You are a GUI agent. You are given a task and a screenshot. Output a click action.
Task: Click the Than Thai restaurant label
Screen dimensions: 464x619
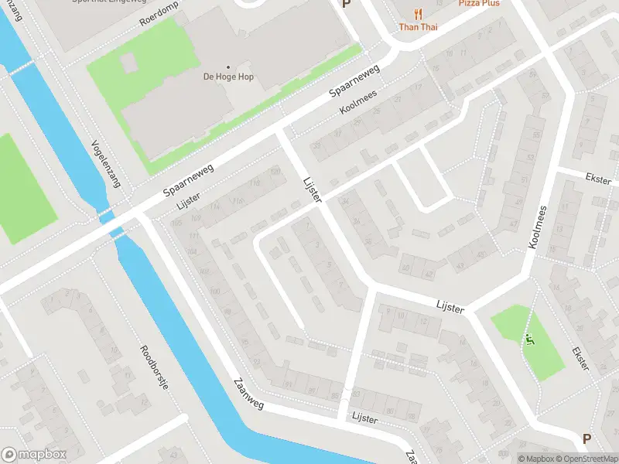[x=419, y=27]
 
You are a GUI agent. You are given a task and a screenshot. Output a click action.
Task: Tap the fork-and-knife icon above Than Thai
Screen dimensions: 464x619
[x=419, y=13]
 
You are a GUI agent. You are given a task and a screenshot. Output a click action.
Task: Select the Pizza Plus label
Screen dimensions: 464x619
[x=479, y=3]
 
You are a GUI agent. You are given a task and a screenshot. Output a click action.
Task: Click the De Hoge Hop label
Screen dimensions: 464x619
[x=228, y=77]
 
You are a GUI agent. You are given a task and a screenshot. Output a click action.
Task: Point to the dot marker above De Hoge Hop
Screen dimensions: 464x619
[x=228, y=67]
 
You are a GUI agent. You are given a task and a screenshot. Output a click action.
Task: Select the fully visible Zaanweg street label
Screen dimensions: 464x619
[x=248, y=397]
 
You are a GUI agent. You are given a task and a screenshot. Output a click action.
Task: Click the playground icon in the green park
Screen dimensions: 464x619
[x=530, y=338]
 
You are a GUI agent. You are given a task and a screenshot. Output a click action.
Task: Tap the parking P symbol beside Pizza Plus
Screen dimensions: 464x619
[x=346, y=4]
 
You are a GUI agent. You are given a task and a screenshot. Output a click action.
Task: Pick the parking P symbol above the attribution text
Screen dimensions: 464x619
[x=587, y=438]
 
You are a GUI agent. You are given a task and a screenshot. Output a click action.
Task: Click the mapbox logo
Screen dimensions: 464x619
[x=33, y=455]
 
